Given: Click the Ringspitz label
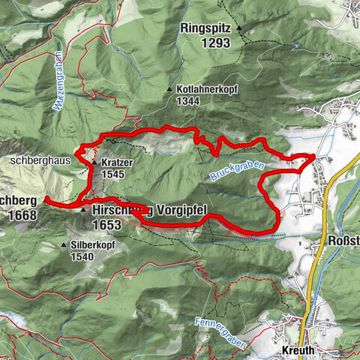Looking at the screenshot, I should [x=206, y=28].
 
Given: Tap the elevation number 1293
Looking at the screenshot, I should [x=206, y=43].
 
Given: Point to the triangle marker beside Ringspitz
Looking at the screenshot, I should [x=239, y=28].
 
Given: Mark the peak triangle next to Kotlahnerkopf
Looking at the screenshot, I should [x=169, y=89].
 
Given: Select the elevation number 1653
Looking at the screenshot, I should [x=106, y=223].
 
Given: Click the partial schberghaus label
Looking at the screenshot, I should [x=40, y=160].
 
